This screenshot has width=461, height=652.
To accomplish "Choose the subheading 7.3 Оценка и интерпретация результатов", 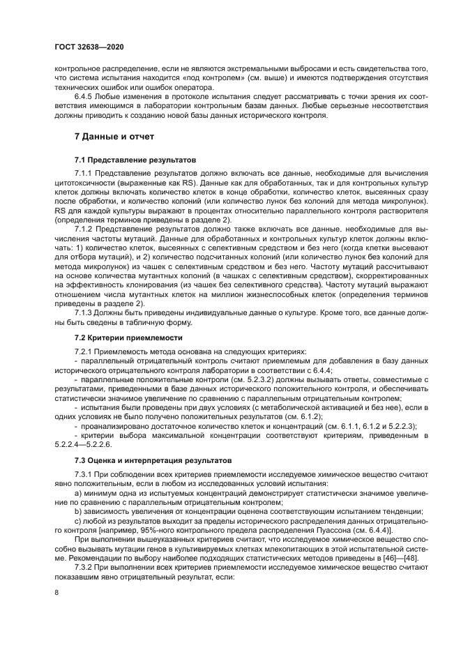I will tap(153, 460).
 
